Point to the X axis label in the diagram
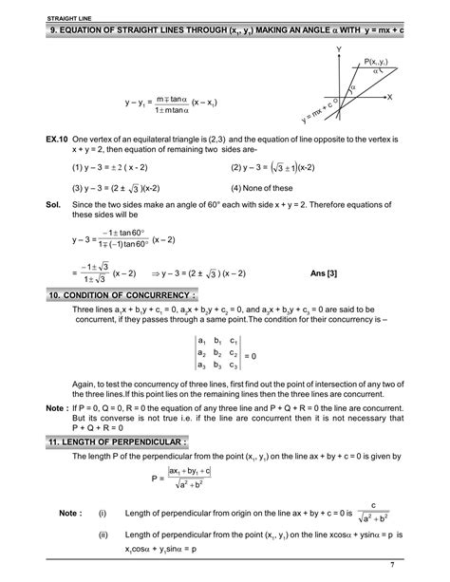click(x=389, y=98)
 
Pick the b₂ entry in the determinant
click(x=224, y=352)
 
